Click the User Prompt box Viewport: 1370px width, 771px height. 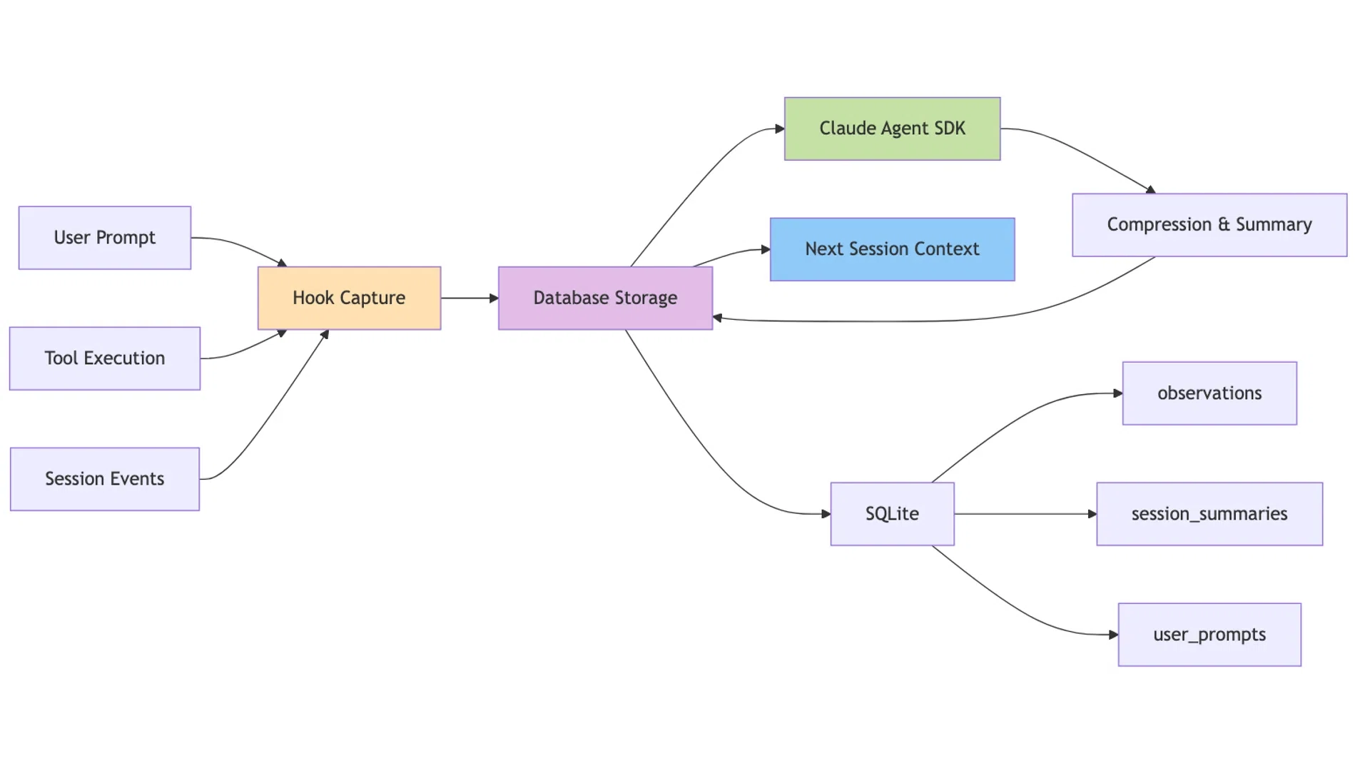(105, 238)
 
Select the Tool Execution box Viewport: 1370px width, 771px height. (105, 358)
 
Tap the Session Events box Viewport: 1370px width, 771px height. (105, 479)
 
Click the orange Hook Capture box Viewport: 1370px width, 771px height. (349, 298)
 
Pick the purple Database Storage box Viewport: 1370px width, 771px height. (605, 298)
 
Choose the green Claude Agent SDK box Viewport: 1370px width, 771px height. (892, 128)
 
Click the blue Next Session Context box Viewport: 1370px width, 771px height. (892, 249)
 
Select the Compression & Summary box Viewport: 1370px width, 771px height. (1209, 225)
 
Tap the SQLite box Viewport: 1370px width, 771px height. (892, 514)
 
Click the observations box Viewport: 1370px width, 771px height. (1209, 393)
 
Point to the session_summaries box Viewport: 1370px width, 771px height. (1209, 514)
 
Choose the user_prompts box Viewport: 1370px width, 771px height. (1209, 635)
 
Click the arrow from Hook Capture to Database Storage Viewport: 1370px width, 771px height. (470, 298)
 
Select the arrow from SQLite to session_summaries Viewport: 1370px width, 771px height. (1025, 514)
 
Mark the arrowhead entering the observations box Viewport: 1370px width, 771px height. (1118, 393)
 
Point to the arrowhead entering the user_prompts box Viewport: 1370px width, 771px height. (1114, 635)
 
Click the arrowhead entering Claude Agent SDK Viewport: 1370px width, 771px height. (780, 129)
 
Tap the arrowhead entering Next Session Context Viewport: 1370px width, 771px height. (766, 250)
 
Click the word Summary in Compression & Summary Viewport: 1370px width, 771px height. (1274, 225)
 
